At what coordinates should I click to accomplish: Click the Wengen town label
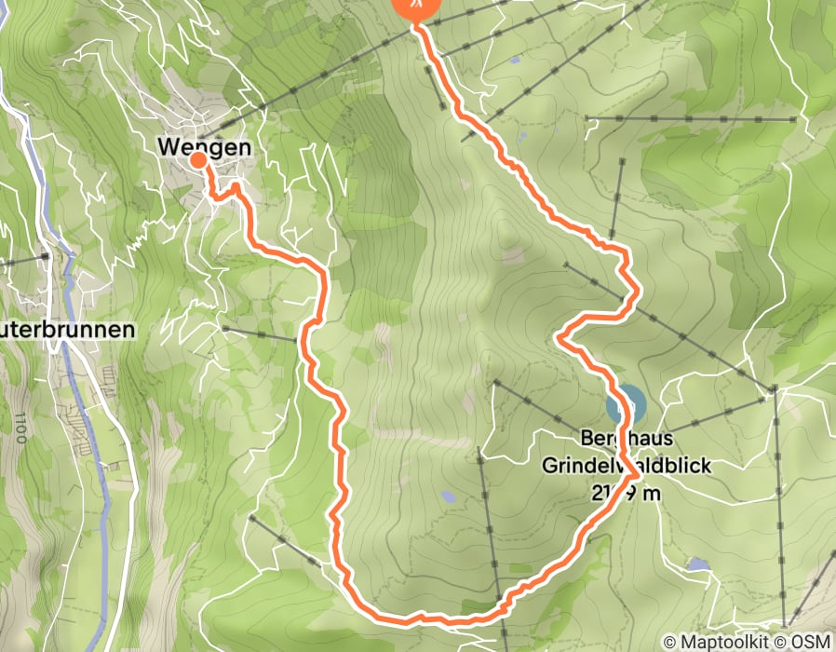coord(205,146)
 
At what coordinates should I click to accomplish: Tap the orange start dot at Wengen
coord(198,160)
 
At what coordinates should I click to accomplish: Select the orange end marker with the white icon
coord(416,6)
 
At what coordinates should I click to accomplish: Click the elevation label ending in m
coord(626,492)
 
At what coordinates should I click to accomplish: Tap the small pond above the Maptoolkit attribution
coord(697,564)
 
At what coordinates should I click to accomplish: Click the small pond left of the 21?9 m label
coord(449,497)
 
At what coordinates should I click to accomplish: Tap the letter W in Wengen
coord(168,146)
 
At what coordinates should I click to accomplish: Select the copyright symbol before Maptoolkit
coord(670,642)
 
